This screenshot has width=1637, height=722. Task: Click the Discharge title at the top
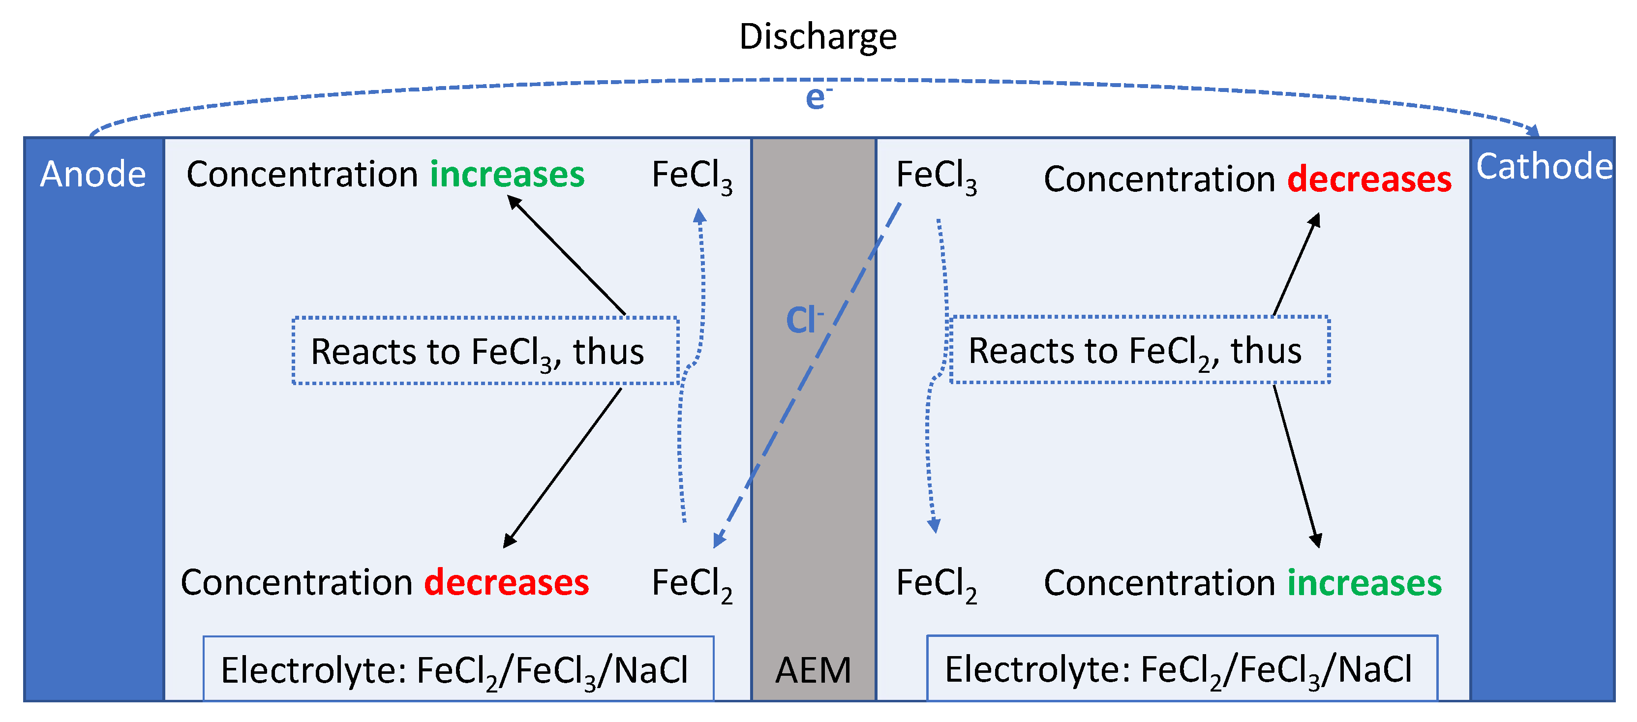[818, 37]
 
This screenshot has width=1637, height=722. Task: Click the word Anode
[93, 174]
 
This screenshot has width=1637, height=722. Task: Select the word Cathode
[1544, 167]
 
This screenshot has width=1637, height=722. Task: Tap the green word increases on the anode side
[507, 174]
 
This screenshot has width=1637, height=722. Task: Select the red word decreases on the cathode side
[1369, 179]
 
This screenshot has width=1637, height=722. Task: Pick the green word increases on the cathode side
[1364, 583]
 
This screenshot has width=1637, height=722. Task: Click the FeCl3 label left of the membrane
[692, 176]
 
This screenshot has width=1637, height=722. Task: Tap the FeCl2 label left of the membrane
[692, 583]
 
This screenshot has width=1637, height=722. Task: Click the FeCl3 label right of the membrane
[936, 176]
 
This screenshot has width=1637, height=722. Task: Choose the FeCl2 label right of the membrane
[936, 583]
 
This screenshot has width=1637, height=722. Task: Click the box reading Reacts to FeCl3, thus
[485, 351]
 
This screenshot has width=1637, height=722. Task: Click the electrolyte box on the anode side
[458, 669]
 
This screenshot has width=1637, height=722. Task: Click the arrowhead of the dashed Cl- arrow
[719, 540]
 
